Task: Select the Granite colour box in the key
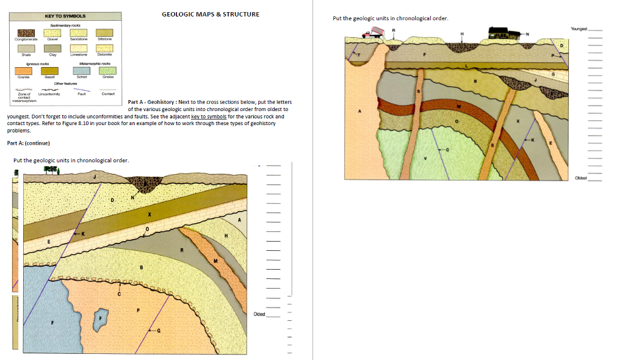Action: pos(24,71)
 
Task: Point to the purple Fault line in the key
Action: pos(81,89)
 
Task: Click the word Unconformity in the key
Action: pos(48,94)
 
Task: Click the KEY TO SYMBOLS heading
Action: pos(65,15)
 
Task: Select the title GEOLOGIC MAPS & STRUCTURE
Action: pos(211,14)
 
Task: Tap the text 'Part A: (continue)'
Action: pos(28,143)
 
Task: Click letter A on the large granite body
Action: pos(360,111)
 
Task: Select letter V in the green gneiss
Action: pos(425,158)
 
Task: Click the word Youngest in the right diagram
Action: pos(579,29)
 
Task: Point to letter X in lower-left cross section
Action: pos(148,215)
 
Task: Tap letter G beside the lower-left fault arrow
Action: pos(159,331)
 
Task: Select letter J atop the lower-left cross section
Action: pos(95,176)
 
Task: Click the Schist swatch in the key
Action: pos(82,71)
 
